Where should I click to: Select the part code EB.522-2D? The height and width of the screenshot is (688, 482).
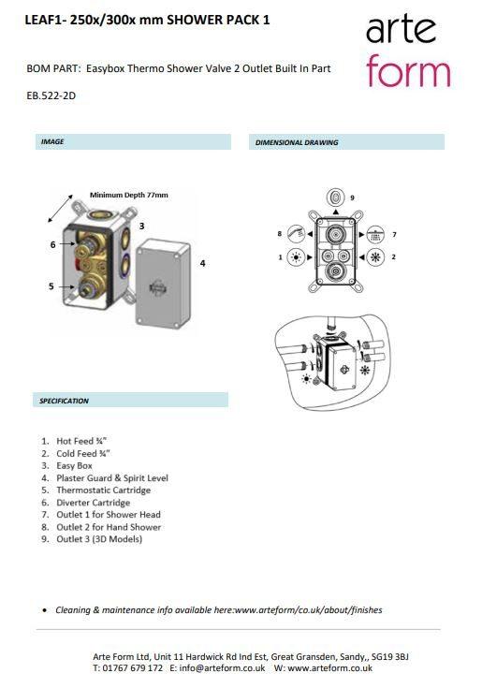click(51, 95)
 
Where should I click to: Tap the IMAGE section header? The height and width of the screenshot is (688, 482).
click(52, 141)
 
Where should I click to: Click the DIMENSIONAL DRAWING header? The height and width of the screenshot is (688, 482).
click(297, 142)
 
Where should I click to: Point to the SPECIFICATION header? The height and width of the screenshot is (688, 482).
click(64, 401)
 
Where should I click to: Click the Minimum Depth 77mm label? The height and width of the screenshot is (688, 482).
click(129, 195)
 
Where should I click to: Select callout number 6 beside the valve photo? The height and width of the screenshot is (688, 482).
click(52, 244)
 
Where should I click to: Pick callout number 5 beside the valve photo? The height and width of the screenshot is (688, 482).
click(51, 286)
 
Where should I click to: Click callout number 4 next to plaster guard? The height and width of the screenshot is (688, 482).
click(202, 263)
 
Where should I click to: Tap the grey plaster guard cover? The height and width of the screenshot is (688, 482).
click(162, 283)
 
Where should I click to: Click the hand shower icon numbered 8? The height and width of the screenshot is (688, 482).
click(296, 234)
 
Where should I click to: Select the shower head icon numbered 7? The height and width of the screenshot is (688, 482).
click(375, 234)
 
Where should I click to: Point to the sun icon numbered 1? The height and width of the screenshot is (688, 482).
click(296, 257)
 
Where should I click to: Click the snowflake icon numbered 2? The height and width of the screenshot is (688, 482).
click(375, 257)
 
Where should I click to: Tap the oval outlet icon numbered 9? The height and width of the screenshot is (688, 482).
click(335, 197)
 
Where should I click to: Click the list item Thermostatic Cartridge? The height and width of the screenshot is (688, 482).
click(104, 490)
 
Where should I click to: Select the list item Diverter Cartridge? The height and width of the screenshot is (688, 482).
click(93, 503)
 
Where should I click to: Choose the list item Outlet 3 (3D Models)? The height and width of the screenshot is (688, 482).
click(99, 539)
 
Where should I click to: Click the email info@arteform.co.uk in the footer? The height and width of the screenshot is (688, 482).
click(217, 667)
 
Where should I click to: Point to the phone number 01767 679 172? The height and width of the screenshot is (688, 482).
click(132, 667)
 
